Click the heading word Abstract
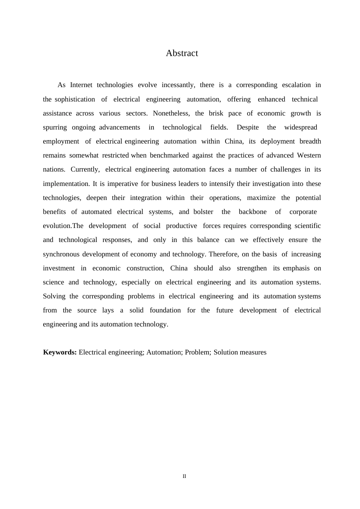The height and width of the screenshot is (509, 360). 182,53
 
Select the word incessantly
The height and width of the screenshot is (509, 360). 178,85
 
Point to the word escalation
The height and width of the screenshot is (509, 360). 296,85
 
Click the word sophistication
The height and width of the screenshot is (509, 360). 75,99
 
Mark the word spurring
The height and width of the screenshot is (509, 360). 55,127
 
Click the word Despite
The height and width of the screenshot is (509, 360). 247,127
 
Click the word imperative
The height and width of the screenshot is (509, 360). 123,184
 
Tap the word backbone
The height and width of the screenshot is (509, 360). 252,212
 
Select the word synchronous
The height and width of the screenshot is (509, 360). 61,254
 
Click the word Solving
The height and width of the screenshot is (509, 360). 54,296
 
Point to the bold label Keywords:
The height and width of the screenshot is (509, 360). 60,352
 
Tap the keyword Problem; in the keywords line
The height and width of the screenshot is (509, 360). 197,352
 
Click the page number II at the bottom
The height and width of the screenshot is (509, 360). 185,476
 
